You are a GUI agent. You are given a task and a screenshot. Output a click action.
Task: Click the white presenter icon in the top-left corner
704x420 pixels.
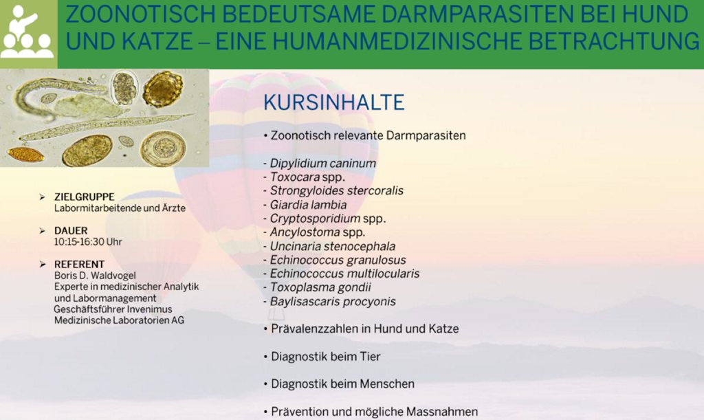(x=26, y=32)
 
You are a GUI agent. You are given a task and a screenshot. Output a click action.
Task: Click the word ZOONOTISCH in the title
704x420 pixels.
(x=139, y=14)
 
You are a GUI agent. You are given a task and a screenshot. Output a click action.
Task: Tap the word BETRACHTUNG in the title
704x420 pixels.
(x=614, y=42)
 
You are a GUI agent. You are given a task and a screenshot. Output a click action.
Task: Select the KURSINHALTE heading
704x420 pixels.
(x=333, y=102)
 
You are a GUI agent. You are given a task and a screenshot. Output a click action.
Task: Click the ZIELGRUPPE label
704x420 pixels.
(x=85, y=197)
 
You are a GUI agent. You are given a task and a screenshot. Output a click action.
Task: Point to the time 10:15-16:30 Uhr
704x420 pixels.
(x=88, y=242)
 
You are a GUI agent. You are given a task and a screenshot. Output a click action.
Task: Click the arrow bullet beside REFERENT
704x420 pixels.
(x=42, y=264)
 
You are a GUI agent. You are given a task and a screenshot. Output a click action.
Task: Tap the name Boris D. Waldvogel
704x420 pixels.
(x=95, y=275)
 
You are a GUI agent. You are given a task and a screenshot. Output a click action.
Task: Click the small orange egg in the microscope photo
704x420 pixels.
(x=25, y=155)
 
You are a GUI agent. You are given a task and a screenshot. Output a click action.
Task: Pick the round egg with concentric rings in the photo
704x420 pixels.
(x=163, y=148)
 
